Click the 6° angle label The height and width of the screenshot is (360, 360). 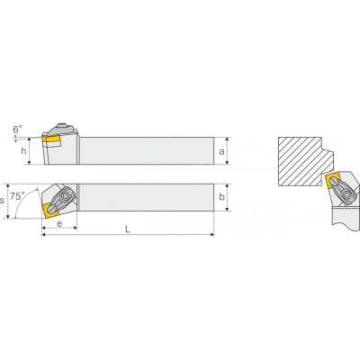pyautogui.click(x=17, y=130)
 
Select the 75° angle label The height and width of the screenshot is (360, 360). pyautogui.click(x=16, y=196)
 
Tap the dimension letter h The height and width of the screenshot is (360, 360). pyautogui.click(x=23, y=151)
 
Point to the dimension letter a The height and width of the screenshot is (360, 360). pyautogui.click(x=221, y=151)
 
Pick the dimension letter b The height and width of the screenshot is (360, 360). pyautogui.click(x=221, y=197)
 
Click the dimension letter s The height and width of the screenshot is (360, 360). pyautogui.click(x=2, y=201)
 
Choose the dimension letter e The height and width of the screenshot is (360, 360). pyautogui.click(x=59, y=223)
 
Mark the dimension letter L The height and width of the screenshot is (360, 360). pyautogui.click(x=128, y=229)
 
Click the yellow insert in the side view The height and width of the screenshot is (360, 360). pyautogui.click(x=51, y=139)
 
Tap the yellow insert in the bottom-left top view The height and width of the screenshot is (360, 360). pyautogui.click(x=50, y=210)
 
